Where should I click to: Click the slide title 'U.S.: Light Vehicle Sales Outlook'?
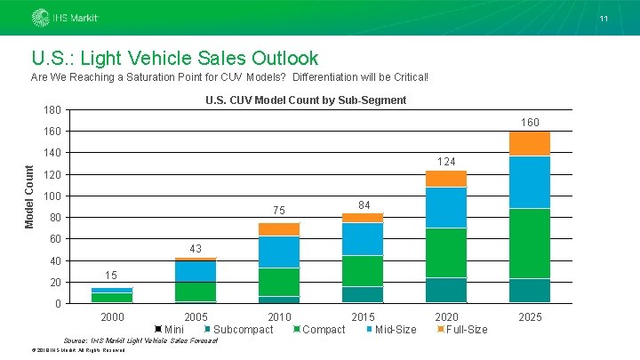point(174,59)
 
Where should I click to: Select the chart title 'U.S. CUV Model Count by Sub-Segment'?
point(305,100)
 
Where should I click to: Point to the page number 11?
point(603,19)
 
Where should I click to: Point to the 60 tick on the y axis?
point(54,239)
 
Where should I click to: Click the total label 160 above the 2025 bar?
point(529,122)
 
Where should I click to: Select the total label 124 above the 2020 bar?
point(445,162)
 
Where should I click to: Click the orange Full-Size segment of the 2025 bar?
point(529,143)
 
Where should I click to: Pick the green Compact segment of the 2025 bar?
point(529,243)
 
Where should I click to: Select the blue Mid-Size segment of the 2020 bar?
point(445,207)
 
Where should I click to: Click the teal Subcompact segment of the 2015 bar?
point(362,294)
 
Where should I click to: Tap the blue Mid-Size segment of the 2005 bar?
point(196,271)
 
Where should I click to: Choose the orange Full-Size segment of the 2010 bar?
point(279,229)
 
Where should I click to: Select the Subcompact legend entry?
point(237,330)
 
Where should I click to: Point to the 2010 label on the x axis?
point(279,316)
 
